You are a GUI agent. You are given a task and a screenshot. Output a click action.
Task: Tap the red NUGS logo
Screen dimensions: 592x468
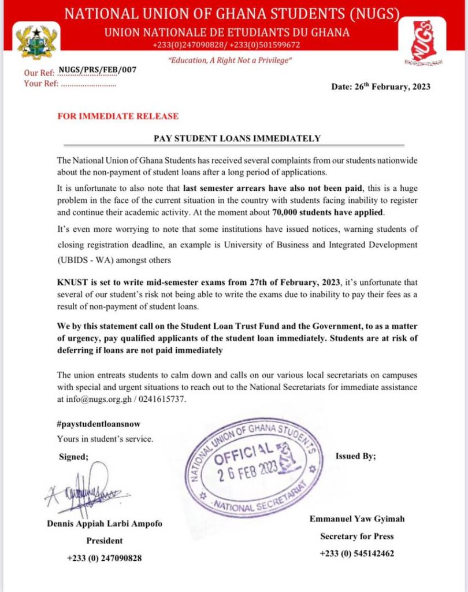click(x=428, y=40)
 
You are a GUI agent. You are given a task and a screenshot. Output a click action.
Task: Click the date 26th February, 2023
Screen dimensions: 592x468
click(x=381, y=87)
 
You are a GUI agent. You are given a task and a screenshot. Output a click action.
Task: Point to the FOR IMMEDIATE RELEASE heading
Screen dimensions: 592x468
click(x=118, y=116)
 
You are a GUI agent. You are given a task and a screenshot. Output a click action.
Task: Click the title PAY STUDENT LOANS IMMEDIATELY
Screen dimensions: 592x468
click(x=237, y=138)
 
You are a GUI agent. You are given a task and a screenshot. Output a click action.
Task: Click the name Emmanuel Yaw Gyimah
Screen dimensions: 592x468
click(x=356, y=519)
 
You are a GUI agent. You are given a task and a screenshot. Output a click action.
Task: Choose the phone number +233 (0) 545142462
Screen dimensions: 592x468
click(x=356, y=553)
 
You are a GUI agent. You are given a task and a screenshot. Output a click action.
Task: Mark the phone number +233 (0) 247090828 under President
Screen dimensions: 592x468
click(x=104, y=558)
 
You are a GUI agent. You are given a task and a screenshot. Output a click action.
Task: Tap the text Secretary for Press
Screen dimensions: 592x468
click(x=356, y=536)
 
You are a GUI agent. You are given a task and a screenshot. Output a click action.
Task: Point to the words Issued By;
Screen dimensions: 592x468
click(x=355, y=456)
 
